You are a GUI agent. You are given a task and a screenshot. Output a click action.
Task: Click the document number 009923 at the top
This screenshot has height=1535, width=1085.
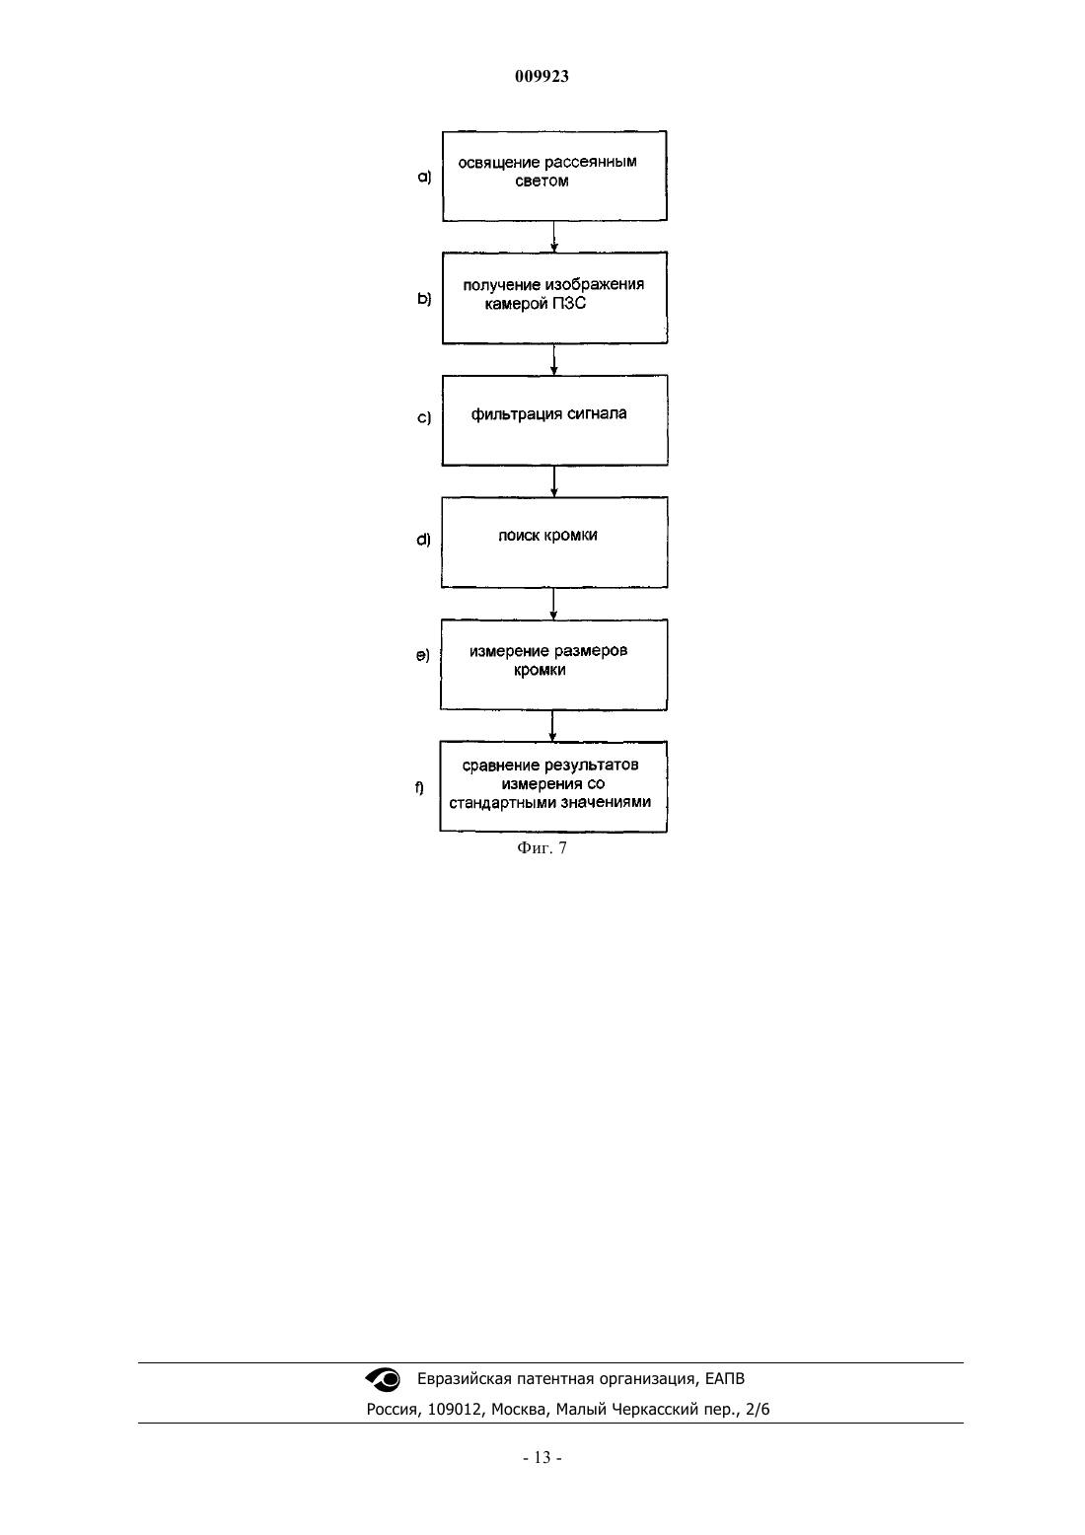(x=542, y=76)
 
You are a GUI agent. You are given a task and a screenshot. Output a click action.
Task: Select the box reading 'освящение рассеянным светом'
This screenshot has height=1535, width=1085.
(x=554, y=177)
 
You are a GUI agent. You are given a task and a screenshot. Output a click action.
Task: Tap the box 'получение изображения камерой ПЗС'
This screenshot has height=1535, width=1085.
(x=554, y=298)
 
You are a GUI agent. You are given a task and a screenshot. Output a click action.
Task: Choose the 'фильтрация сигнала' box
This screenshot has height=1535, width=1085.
(x=554, y=420)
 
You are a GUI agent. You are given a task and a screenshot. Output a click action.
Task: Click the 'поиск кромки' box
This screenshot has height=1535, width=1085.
(x=554, y=542)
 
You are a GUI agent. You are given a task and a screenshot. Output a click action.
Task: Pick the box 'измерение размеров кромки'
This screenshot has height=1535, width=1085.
(x=553, y=665)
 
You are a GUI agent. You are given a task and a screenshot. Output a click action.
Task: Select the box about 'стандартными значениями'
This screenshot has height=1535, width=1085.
(x=553, y=786)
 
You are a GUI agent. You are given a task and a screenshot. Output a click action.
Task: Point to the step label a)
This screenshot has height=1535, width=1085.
(x=425, y=177)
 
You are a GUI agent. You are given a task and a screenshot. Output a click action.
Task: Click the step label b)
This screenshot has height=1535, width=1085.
(x=425, y=299)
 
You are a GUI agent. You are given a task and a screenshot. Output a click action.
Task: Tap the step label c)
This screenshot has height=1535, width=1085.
(x=424, y=417)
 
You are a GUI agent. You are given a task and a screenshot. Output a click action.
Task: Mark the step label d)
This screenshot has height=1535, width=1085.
(x=423, y=540)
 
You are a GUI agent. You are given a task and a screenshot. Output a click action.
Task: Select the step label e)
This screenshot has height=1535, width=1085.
(x=422, y=656)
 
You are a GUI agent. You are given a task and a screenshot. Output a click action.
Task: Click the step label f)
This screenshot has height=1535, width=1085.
(x=419, y=788)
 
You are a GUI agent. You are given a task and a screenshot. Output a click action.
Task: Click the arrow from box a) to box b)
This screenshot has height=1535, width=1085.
(x=554, y=237)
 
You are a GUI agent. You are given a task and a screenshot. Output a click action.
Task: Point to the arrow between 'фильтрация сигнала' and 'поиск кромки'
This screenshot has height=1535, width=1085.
(x=554, y=481)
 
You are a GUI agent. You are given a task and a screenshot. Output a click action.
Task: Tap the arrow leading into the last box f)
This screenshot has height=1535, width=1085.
(x=552, y=726)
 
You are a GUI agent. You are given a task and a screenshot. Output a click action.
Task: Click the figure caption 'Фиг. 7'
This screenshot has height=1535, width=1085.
(x=542, y=848)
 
